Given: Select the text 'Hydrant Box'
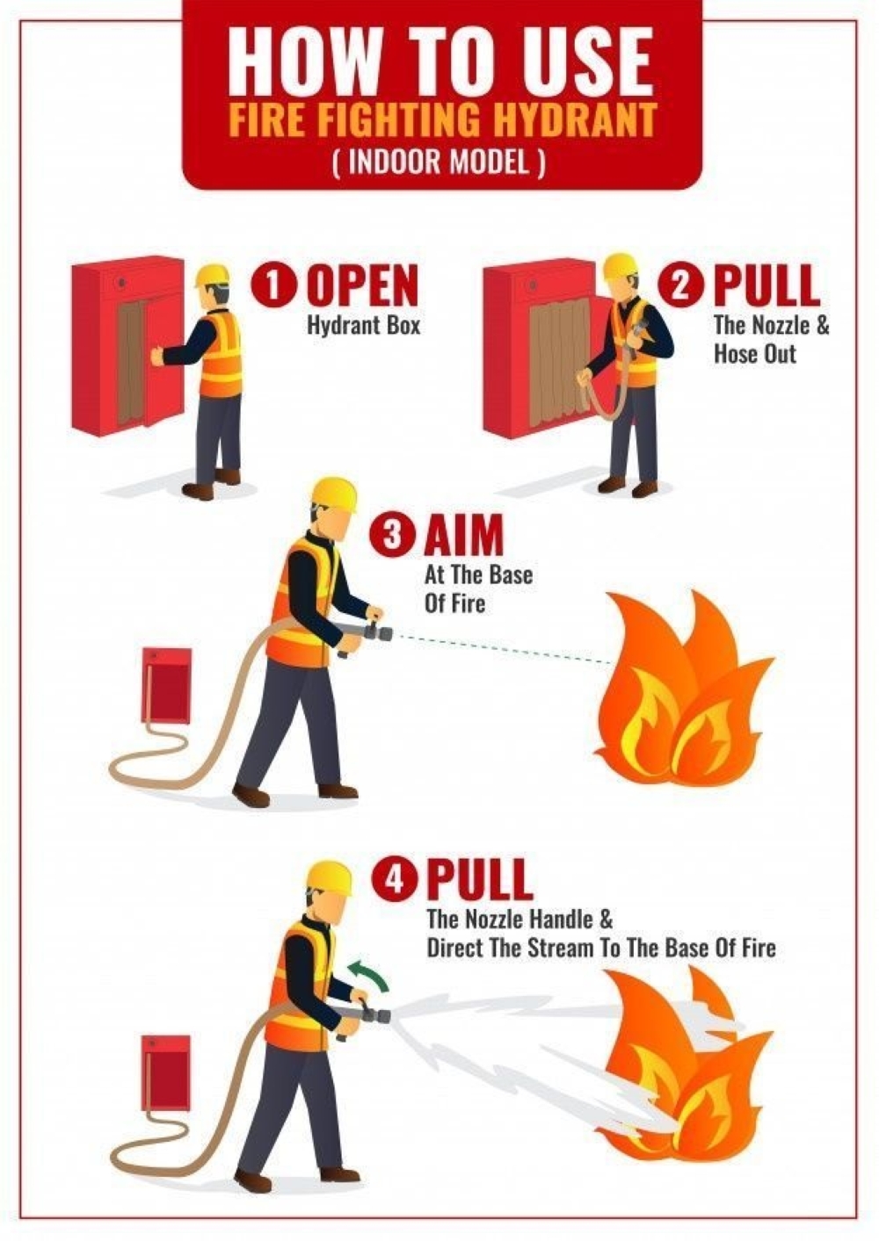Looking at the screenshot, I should click(x=363, y=326).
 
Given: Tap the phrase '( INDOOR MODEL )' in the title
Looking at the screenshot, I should click(x=439, y=162).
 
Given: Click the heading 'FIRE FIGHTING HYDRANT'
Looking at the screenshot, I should click(x=442, y=119).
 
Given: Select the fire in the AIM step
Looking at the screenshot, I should click(x=681, y=694).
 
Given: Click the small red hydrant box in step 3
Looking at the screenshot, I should click(x=166, y=684).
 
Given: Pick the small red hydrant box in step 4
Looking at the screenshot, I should click(x=166, y=1072).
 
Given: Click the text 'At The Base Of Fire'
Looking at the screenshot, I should click(x=478, y=589).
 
